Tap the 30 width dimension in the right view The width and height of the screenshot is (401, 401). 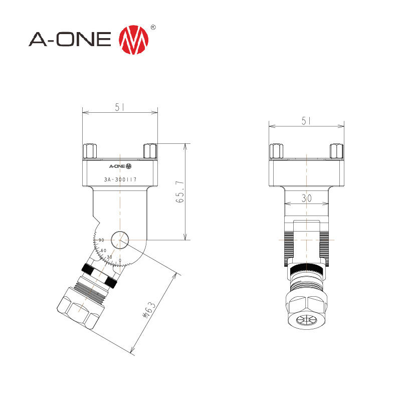[306, 198]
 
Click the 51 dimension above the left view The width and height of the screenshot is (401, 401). [120, 107]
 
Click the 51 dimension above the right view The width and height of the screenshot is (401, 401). [306, 121]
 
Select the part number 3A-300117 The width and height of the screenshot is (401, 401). [120, 179]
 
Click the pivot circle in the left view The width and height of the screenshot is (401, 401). [120, 240]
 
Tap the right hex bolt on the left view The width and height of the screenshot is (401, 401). [150, 151]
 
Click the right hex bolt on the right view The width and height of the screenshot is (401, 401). [336, 151]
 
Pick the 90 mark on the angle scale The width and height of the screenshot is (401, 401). [101, 241]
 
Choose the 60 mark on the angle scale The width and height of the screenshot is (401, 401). [104, 250]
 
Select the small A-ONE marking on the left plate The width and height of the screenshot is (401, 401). [120, 166]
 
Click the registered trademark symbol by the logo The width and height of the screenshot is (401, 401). [153, 27]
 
